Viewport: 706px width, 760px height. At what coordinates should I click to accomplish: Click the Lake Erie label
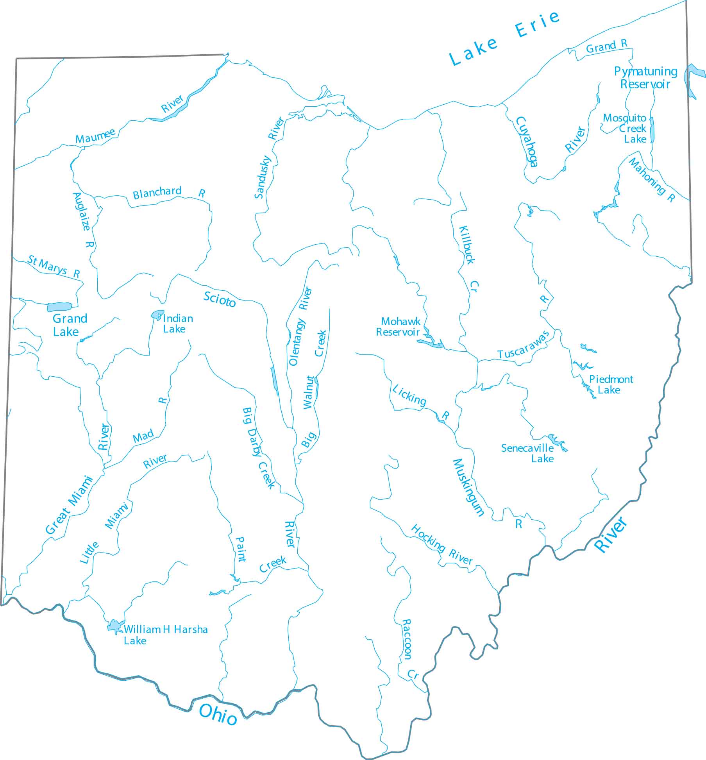point(504,38)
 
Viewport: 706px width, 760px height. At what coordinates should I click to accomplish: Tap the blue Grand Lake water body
point(59,307)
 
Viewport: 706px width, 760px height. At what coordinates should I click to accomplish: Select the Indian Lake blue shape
point(157,315)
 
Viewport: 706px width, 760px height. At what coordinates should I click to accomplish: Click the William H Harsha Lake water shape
point(115,626)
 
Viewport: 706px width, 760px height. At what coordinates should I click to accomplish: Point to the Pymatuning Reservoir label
point(645,77)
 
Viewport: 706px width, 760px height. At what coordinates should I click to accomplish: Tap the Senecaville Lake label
point(527,453)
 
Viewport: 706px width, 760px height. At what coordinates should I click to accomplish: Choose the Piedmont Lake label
point(611,384)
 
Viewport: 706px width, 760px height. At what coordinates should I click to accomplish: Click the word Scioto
point(220,299)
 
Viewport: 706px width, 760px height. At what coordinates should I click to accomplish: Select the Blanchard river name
point(157,192)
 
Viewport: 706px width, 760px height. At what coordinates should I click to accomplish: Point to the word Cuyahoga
point(527,141)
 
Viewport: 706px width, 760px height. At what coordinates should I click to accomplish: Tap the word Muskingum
point(468,487)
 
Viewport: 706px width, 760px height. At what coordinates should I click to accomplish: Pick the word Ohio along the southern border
point(218,715)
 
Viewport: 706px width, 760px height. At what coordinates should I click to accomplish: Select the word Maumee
point(95,136)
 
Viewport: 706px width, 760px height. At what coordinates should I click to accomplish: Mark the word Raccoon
point(407,639)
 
